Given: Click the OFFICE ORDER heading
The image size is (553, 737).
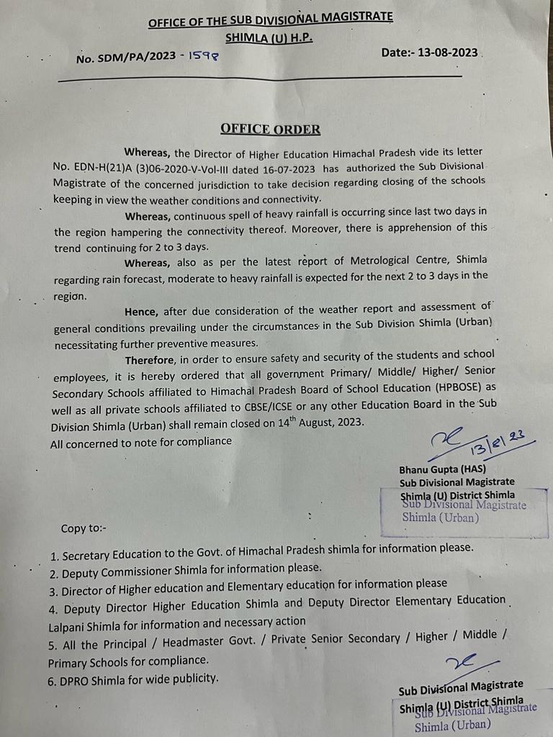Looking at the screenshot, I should click(x=270, y=130).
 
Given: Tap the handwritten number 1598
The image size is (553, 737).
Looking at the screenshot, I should click(x=202, y=54).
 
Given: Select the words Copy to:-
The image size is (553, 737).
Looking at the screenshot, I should click(x=84, y=528).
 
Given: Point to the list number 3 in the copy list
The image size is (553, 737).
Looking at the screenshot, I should click(x=53, y=591).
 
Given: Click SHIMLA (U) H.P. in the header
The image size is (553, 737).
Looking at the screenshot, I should click(x=269, y=39).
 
